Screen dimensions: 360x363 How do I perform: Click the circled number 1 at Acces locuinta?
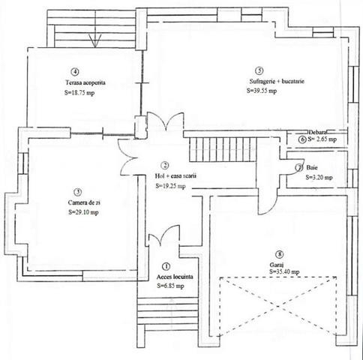[x=166, y=265]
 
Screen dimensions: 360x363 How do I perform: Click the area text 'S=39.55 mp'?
[x=262, y=91]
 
